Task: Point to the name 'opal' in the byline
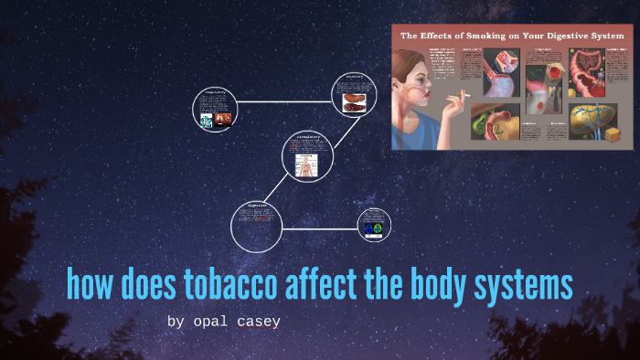(212, 322)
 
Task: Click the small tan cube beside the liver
(613, 135)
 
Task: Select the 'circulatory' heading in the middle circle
(306, 136)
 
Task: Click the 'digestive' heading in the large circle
(255, 206)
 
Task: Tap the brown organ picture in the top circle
(353, 105)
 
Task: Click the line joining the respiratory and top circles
(284, 101)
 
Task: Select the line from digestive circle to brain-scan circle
(320, 228)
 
